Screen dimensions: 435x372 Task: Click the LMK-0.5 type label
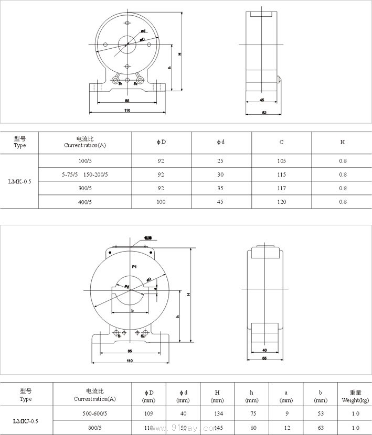click(20, 181)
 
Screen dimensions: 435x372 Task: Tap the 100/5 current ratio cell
click(85, 161)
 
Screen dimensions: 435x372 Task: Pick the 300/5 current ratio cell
click(85, 188)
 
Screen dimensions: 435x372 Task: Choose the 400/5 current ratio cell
click(85, 202)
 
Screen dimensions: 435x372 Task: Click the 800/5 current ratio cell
click(95, 428)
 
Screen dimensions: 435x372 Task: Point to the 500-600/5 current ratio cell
click(95, 414)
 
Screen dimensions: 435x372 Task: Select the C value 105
click(282, 161)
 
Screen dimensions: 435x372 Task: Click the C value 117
click(282, 188)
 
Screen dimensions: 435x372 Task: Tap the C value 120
click(282, 202)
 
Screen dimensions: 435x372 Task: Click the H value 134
click(217, 414)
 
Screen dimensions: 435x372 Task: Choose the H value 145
click(217, 428)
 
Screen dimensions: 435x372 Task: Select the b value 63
click(321, 428)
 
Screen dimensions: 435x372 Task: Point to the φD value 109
click(149, 414)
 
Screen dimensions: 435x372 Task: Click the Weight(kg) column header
click(355, 396)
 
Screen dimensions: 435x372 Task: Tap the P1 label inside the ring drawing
click(134, 267)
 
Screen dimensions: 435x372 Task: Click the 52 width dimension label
click(264, 113)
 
